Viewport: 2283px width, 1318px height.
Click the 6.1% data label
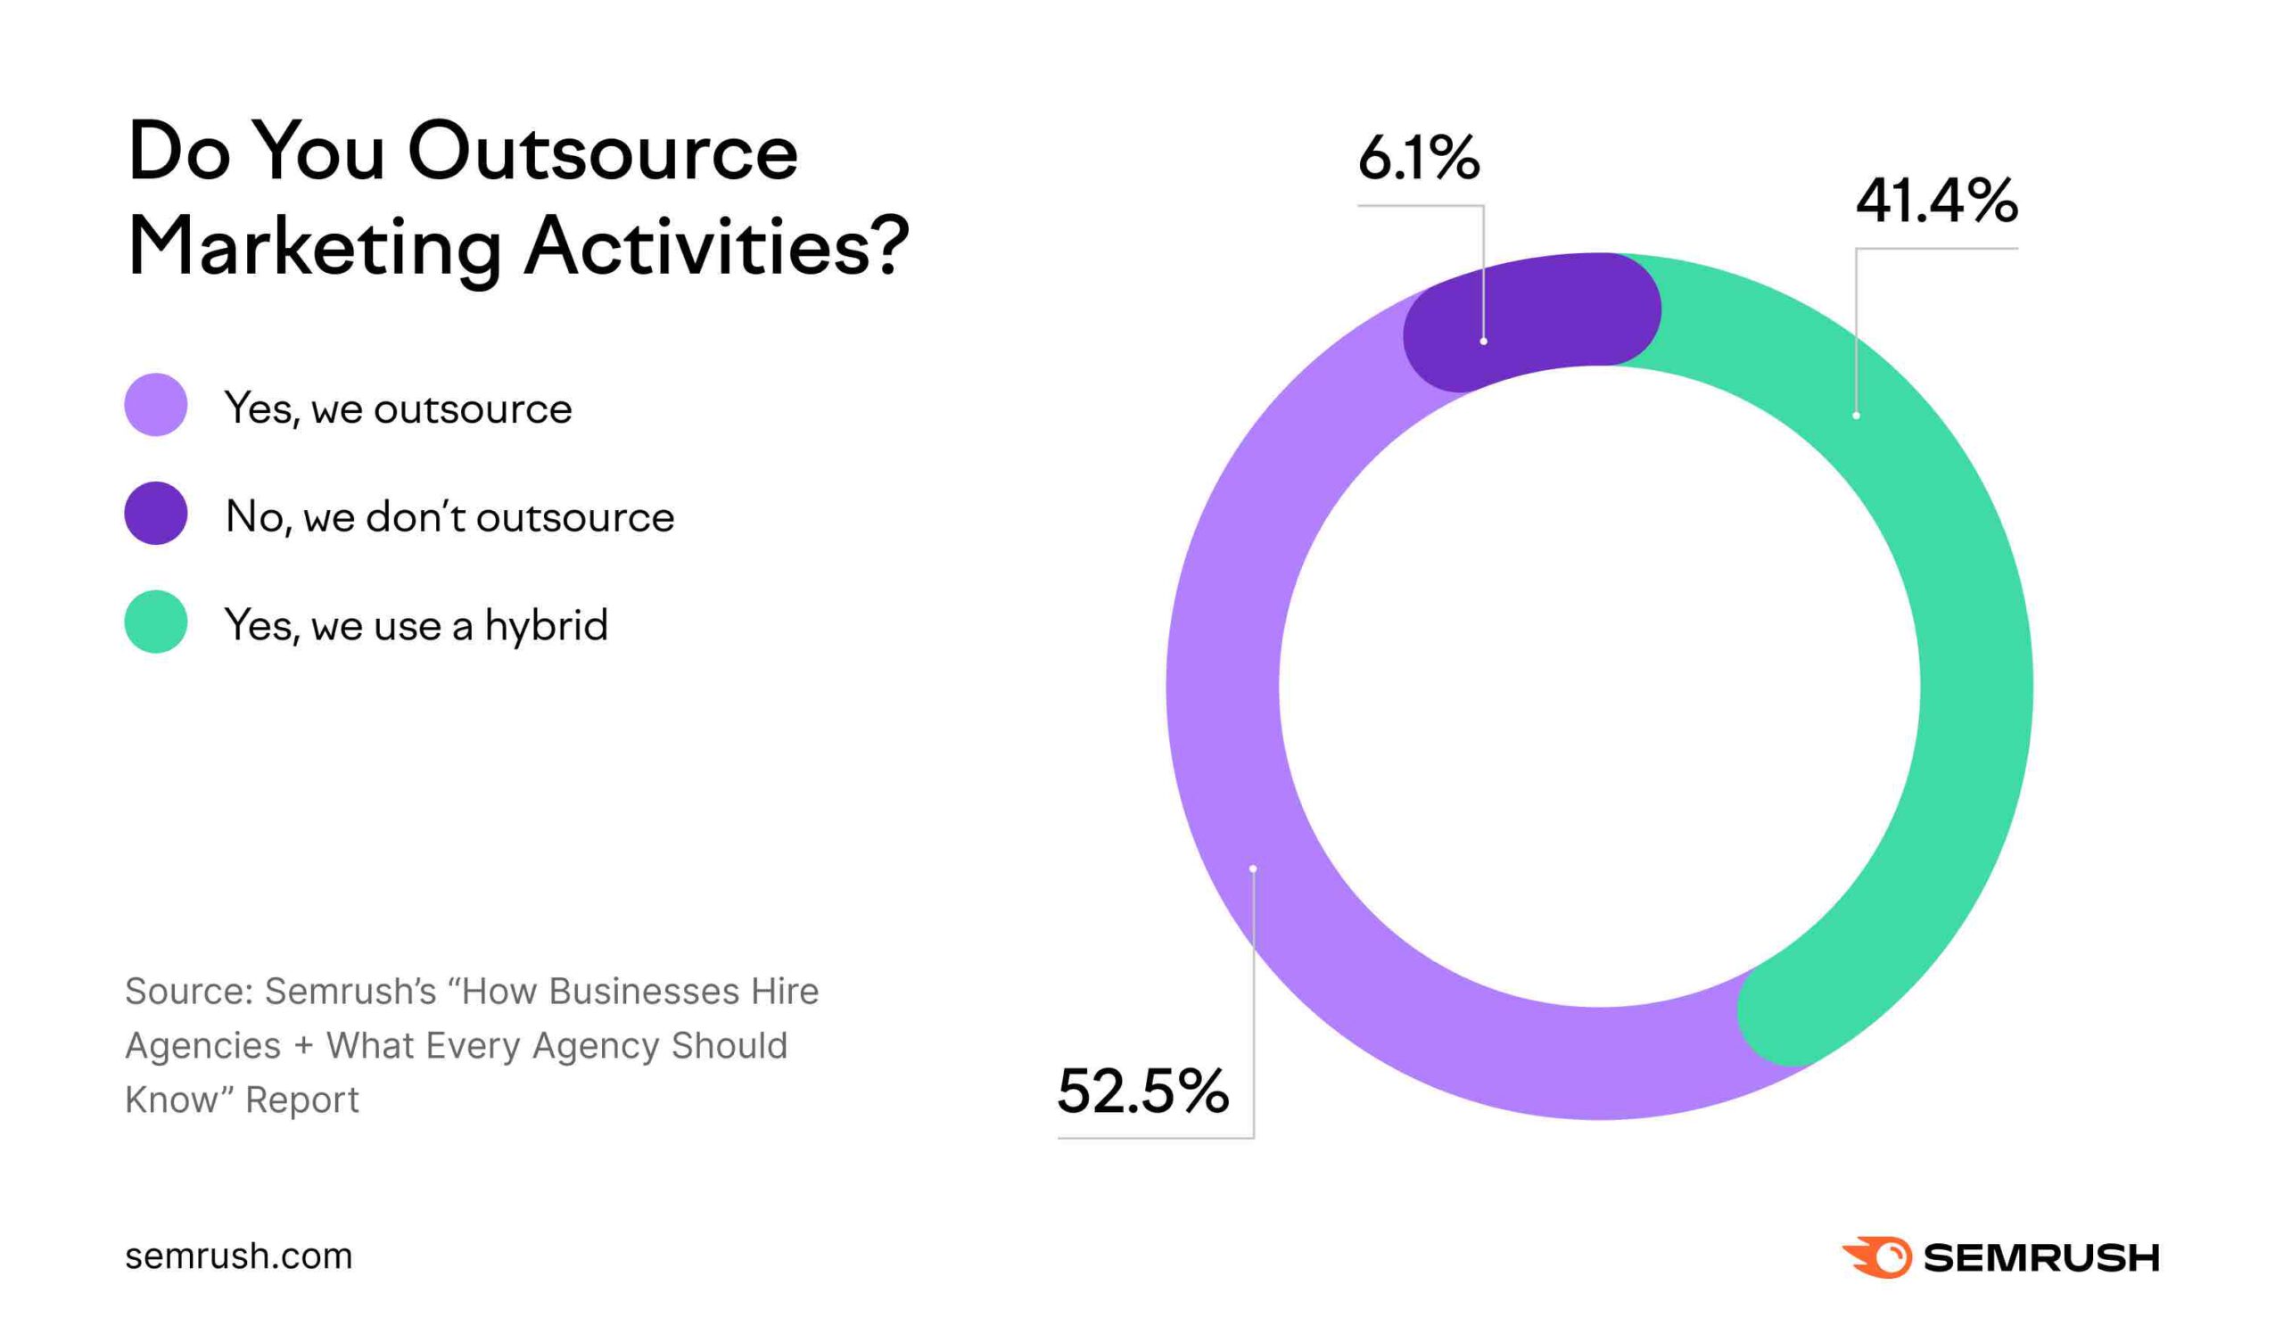click(1418, 160)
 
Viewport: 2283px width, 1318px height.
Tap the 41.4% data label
click(1935, 201)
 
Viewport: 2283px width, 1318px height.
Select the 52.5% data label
click(1142, 1091)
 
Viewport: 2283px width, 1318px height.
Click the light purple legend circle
click(156, 405)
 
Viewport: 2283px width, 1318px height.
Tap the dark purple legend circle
click(156, 514)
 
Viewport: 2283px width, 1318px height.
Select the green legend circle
click(156, 622)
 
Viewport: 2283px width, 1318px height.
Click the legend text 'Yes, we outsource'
click(399, 409)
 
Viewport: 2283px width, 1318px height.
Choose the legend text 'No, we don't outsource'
click(449, 518)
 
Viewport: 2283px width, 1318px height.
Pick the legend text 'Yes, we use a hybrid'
click(416, 625)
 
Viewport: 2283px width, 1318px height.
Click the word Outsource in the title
click(603, 152)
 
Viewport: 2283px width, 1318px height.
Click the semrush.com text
click(238, 1256)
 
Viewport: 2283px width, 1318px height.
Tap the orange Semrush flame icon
click(1876, 1256)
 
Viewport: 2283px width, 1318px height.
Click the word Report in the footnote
click(302, 1100)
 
